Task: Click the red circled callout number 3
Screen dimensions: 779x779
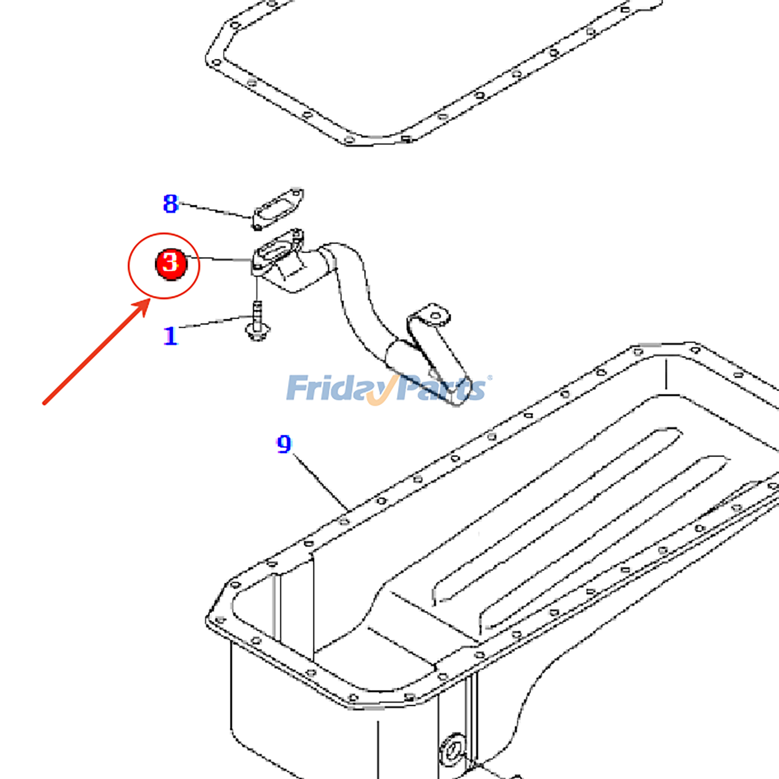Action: point(170,263)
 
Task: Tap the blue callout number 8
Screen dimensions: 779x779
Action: point(170,204)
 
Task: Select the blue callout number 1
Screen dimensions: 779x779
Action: point(170,336)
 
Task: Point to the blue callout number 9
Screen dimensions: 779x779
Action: point(284,444)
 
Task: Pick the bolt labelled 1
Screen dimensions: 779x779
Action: point(257,324)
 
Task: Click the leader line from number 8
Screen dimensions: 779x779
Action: point(217,210)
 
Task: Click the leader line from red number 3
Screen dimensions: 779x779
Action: point(224,259)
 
